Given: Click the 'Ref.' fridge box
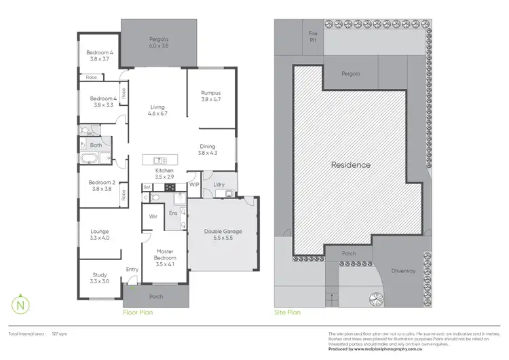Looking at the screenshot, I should [x=147, y=187].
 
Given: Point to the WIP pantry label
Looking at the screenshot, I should [x=193, y=184].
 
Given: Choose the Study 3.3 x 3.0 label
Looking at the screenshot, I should [x=99, y=278].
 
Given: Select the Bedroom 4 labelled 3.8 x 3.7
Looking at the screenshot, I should [x=99, y=56].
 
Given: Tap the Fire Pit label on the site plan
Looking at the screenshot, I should [x=313, y=37].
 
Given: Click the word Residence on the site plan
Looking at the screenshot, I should [x=350, y=165].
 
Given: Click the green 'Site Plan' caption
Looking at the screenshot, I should [x=287, y=313].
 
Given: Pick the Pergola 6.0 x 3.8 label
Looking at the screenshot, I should [x=159, y=43].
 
